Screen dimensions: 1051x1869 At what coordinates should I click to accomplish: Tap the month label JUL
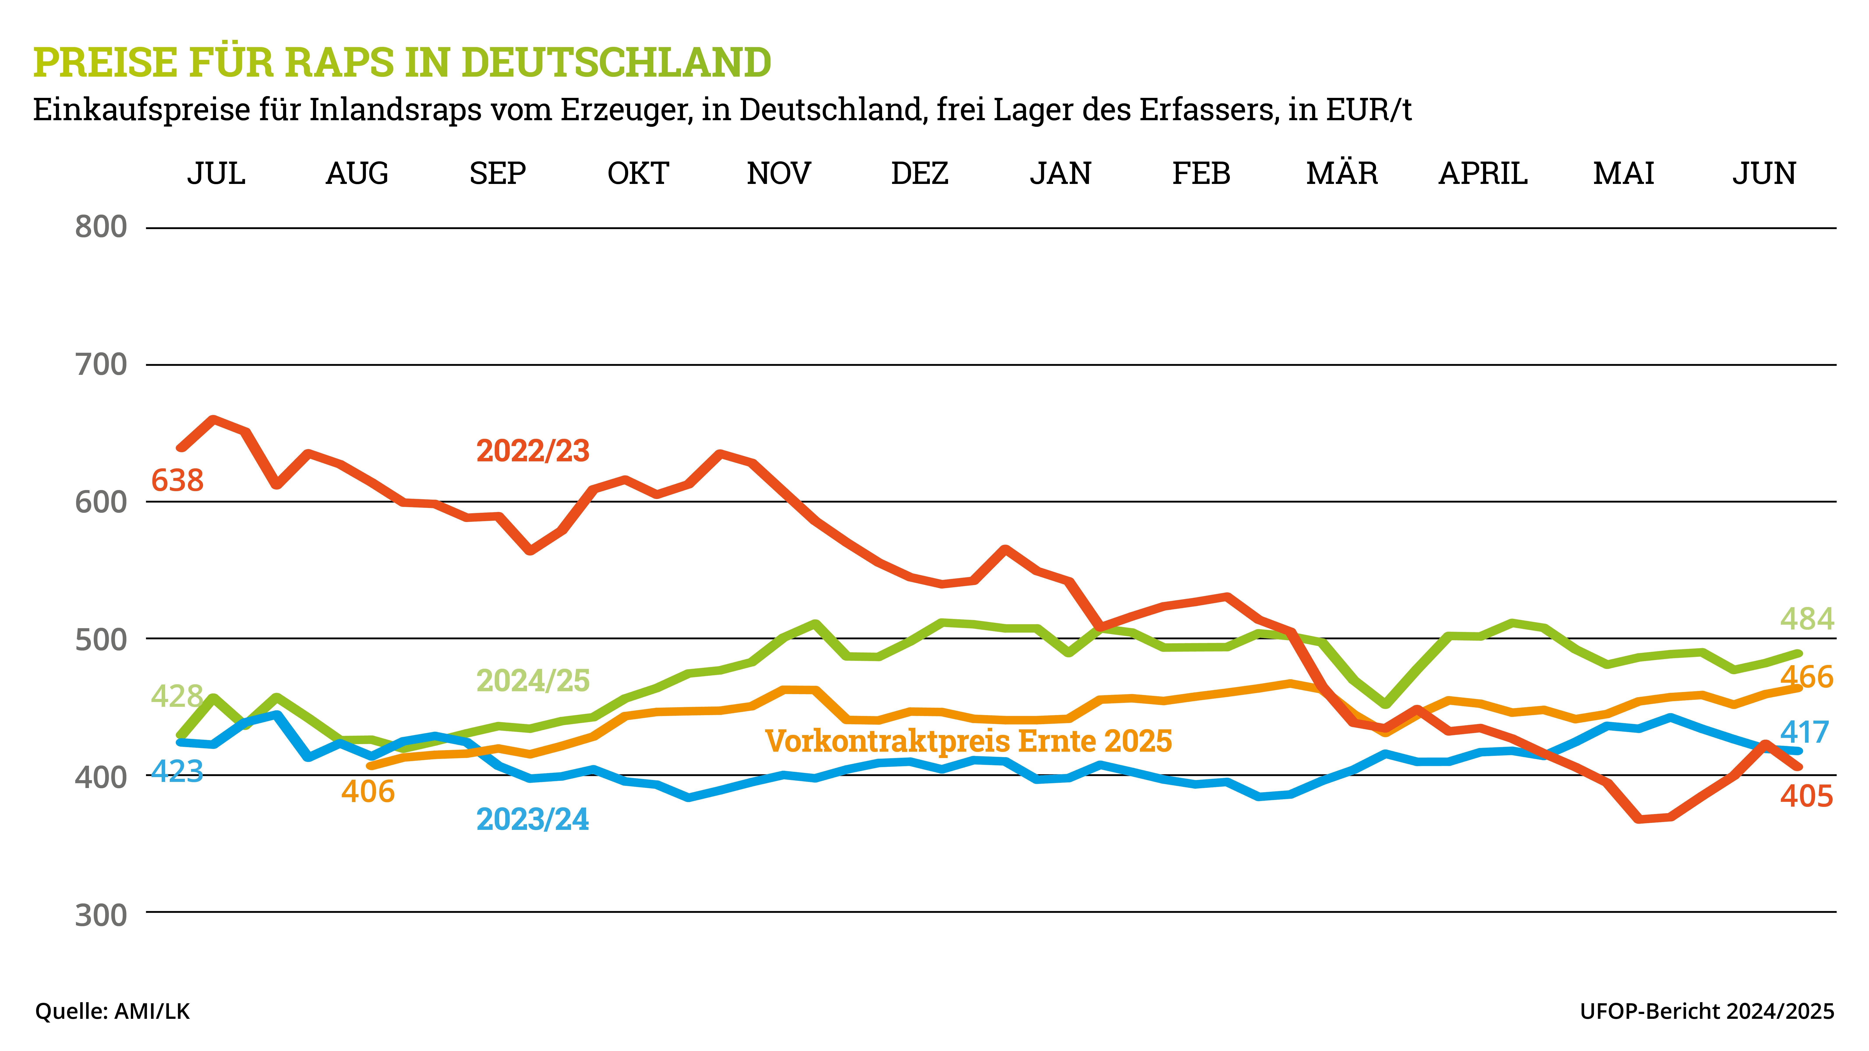pos(216,174)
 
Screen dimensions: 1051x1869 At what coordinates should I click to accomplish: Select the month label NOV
pos(778,174)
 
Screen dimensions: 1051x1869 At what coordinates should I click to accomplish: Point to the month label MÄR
pos(1342,174)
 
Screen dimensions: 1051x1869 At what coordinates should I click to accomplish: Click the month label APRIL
pos(1482,174)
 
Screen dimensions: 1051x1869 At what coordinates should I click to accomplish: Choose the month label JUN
pos(1764,174)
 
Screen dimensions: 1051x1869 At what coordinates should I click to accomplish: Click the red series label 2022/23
pos(532,451)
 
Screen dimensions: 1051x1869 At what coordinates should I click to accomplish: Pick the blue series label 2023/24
pos(532,820)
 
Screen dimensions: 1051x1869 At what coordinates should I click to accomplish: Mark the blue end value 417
pos(1804,733)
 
